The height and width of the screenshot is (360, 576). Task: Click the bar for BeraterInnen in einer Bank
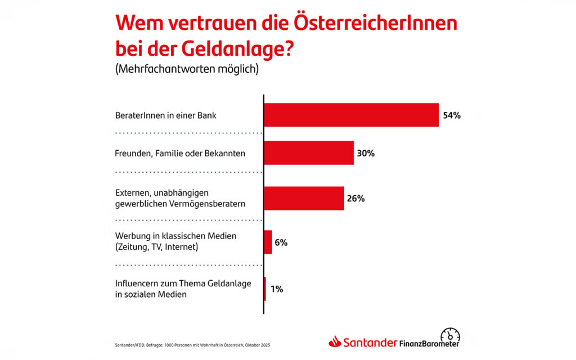[351, 115]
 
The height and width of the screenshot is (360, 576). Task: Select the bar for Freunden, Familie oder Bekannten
[309, 152]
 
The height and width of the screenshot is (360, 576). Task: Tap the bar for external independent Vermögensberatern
[304, 198]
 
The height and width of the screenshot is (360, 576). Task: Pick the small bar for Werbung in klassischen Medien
[268, 242]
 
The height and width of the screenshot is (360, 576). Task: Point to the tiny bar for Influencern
[265, 289]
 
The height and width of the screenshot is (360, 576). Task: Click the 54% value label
[452, 115]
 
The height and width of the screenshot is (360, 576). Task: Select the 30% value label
[367, 152]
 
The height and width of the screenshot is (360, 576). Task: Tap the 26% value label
[356, 199]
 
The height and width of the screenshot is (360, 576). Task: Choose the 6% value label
[281, 242]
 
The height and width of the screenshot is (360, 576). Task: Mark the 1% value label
[276, 289]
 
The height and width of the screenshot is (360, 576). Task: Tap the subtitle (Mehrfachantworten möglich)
[187, 70]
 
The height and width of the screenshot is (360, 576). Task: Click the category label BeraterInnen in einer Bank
[166, 116]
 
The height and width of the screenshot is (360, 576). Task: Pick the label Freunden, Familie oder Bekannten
[180, 153]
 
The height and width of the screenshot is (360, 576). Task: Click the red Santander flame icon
[335, 341]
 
